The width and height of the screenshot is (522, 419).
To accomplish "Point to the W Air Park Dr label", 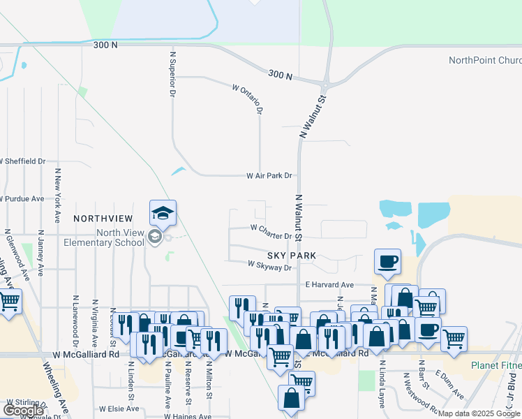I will pos(269,176).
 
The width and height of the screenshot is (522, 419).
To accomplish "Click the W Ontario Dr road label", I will pos(249,98).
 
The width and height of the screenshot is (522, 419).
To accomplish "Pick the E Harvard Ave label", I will pos(330,285).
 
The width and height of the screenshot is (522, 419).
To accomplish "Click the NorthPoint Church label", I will pos(485,60).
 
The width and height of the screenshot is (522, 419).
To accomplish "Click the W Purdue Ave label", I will pos(22,199).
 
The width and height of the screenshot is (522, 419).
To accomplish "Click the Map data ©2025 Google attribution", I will pos(478,413).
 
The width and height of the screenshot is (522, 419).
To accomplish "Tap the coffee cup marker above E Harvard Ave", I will pos(387,263).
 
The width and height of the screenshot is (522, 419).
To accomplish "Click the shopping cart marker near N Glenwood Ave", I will pos(9,302).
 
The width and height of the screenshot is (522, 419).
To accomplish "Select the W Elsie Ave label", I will pos(119,409).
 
